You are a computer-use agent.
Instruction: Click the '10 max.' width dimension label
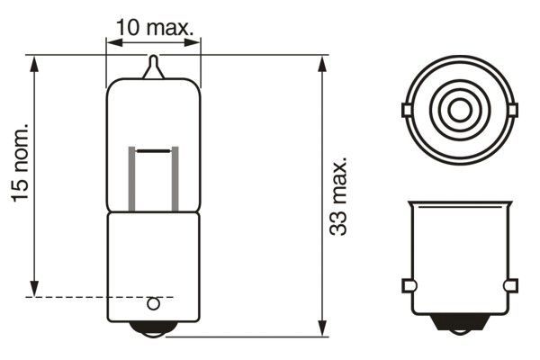coord(155,27)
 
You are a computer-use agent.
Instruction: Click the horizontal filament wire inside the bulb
coord(154,148)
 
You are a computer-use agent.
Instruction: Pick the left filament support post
coord(133,179)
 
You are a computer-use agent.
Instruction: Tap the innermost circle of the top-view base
coord(459,111)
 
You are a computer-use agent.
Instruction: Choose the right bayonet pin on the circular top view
coord(513,111)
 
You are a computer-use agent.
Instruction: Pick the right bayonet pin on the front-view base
coord(511,285)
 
